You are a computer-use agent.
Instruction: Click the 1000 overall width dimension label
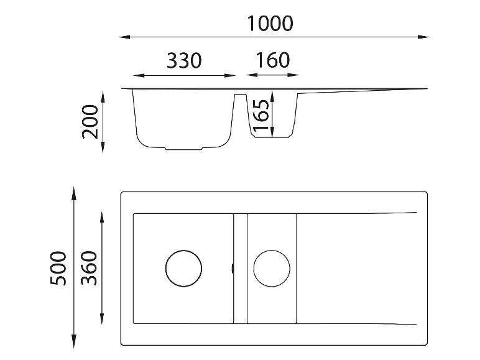[270, 23]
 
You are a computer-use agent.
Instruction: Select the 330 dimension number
[184, 60]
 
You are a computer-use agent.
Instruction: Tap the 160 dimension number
[273, 60]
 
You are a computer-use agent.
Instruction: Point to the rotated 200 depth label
[90, 122]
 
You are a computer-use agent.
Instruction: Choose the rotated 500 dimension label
[58, 269]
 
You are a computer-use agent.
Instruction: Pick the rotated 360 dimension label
[89, 268]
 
